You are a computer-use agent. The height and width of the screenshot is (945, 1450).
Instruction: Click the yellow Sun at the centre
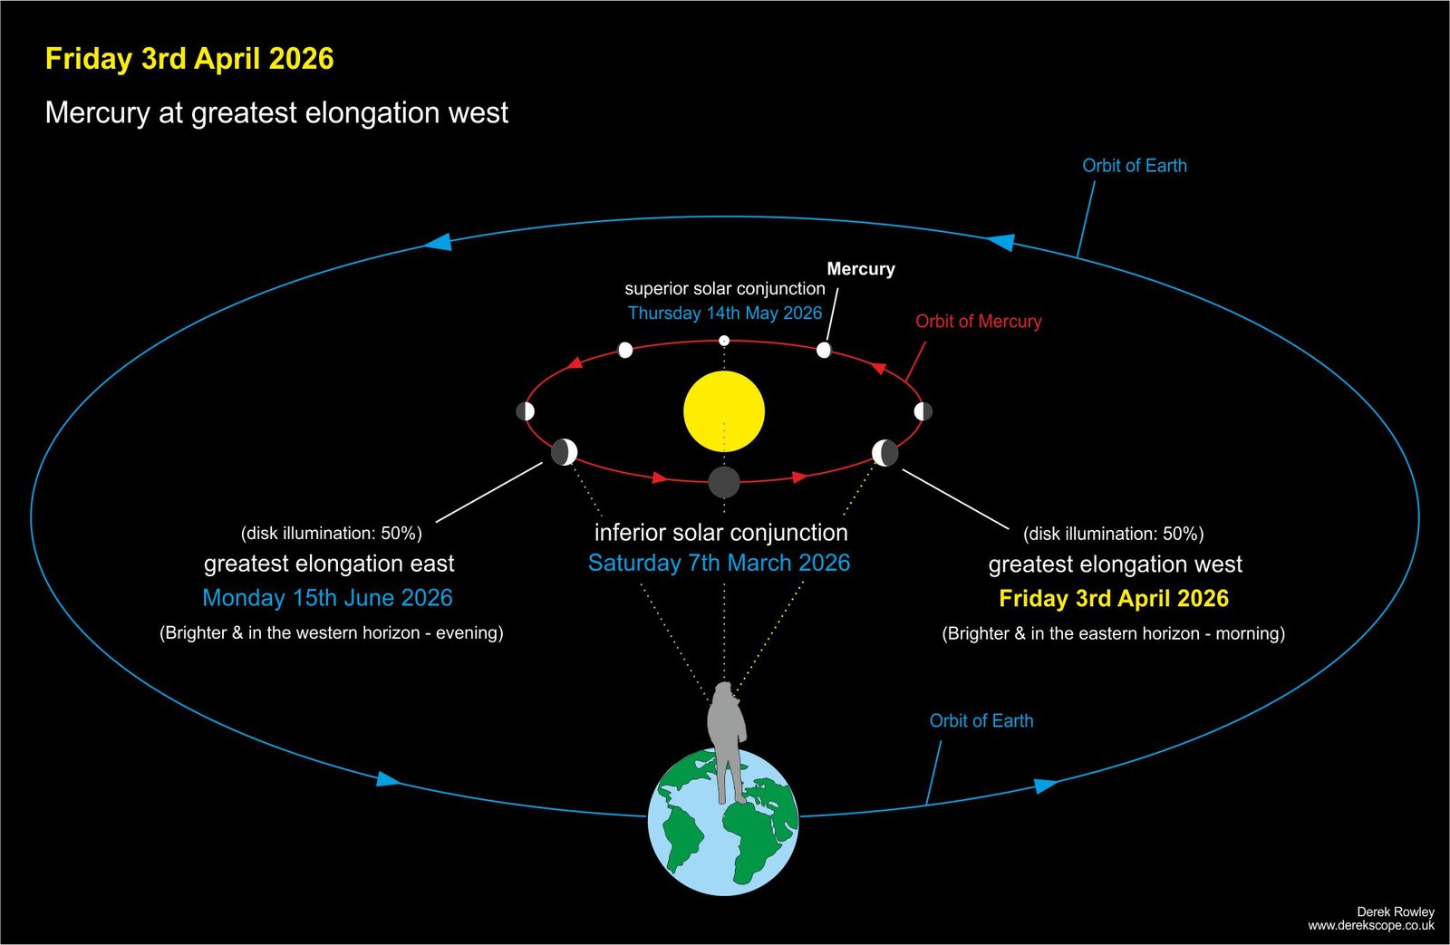click(x=724, y=411)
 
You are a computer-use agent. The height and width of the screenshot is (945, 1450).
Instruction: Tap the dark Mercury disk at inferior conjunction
click(x=724, y=482)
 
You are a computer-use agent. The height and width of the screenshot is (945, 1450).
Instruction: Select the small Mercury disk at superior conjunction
click(x=724, y=341)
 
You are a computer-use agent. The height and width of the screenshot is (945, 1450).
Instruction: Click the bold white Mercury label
click(x=861, y=268)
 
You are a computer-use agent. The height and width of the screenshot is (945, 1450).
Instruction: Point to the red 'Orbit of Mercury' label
click(x=978, y=321)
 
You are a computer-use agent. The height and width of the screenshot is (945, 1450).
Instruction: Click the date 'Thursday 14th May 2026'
click(x=725, y=313)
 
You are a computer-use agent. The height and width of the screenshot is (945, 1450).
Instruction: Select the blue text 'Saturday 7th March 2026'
click(x=719, y=564)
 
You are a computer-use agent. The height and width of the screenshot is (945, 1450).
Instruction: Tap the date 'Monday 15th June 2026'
click(x=327, y=597)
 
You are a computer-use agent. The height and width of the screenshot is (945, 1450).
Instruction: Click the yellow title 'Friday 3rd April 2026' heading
click(x=189, y=59)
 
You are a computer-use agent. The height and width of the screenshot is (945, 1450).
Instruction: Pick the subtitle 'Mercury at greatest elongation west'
click(x=276, y=113)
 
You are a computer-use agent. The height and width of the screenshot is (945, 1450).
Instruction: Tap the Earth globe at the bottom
click(x=724, y=822)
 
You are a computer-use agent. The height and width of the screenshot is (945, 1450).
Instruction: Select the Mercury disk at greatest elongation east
click(x=564, y=452)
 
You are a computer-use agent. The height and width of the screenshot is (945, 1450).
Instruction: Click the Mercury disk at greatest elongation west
click(x=884, y=453)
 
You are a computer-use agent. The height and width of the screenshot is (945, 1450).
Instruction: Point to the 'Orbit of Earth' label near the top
click(x=1135, y=166)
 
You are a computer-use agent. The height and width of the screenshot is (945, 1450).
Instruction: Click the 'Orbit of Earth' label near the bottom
click(x=981, y=721)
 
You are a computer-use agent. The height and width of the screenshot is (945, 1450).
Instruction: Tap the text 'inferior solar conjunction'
click(x=721, y=533)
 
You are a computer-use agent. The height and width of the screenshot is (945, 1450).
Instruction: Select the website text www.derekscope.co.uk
click(x=1371, y=926)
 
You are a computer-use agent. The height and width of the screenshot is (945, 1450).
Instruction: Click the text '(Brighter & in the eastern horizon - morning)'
click(x=1114, y=633)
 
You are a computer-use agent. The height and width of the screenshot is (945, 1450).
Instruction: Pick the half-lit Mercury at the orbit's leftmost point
click(x=525, y=411)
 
